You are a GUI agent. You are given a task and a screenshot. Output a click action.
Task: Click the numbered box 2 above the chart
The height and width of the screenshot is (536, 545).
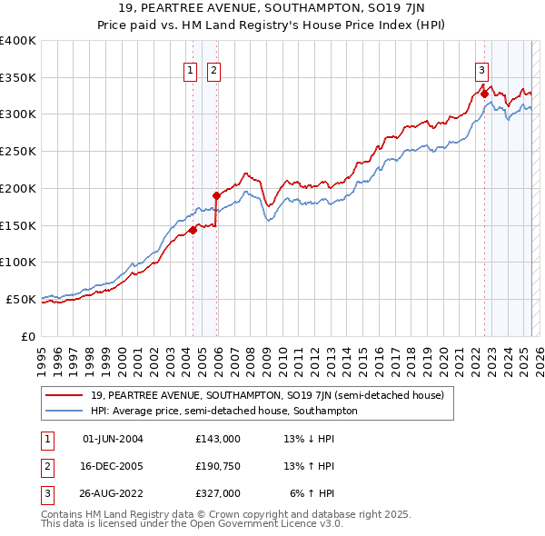tap(214, 72)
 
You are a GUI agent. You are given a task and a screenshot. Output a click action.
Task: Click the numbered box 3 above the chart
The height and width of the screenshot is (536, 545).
tap(481, 72)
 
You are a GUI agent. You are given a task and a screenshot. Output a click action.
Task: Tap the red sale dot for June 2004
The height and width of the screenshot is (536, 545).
tap(193, 230)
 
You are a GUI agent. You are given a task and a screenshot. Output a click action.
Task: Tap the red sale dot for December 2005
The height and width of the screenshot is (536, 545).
tap(216, 194)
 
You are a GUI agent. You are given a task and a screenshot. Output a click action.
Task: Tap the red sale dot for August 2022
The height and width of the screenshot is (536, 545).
tap(484, 93)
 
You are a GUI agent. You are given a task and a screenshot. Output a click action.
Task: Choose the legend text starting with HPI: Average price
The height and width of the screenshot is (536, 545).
tap(224, 411)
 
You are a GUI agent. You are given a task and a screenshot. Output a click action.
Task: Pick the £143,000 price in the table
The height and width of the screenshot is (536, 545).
tap(218, 439)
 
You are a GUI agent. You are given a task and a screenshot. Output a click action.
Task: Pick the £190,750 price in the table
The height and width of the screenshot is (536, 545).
tap(218, 467)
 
